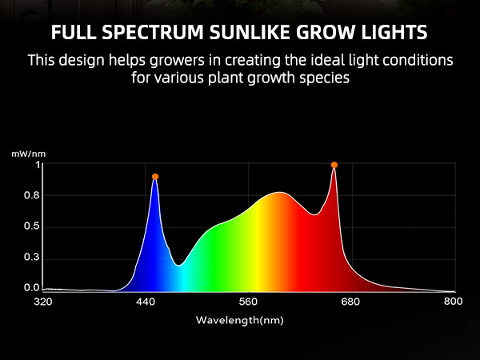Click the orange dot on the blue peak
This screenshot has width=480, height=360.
[155, 177]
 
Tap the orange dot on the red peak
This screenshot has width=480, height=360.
[334, 165]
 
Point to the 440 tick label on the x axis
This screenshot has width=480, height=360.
[146, 302]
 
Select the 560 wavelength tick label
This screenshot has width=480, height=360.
[248, 302]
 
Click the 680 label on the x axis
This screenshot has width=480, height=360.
[350, 302]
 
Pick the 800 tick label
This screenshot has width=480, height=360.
[454, 302]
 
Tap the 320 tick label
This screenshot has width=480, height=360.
[43, 302]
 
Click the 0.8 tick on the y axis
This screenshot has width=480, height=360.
[32, 195]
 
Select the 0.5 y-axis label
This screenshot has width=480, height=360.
[32, 226]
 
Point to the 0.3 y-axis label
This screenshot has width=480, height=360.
[32, 257]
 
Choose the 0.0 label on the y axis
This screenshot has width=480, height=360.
[32, 288]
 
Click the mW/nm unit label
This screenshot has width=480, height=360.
[29, 154]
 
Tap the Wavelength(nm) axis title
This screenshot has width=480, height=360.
[240, 320]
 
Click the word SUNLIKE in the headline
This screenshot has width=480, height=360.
[249, 32]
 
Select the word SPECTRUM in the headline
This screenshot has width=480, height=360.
[153, 32]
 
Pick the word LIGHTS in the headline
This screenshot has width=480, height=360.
[394, 32]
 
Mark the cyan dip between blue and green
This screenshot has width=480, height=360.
[179, 266]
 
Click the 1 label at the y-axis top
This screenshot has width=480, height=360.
[38, 166]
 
